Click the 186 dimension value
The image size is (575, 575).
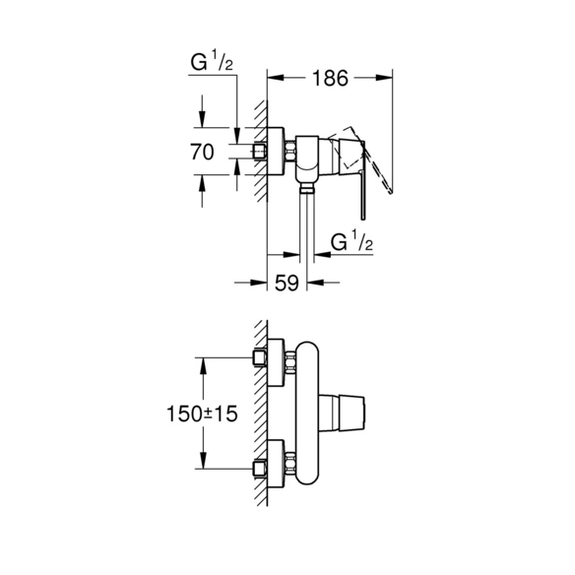[x=330, y=78]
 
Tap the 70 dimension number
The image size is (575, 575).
[x=202, y=152]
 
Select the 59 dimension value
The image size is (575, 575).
[x=287, y=283]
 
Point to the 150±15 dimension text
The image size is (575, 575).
[x=202, y=414]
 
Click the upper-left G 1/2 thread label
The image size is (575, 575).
[x=212, y=62]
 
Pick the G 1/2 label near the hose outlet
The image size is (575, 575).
[x=351, y=241]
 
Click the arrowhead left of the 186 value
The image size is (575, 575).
[x=276, y=78]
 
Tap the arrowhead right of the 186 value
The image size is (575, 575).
[x=384, y=78]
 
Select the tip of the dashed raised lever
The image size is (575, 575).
[x=393, y=192]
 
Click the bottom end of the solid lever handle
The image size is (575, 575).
[x=363, y=220]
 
